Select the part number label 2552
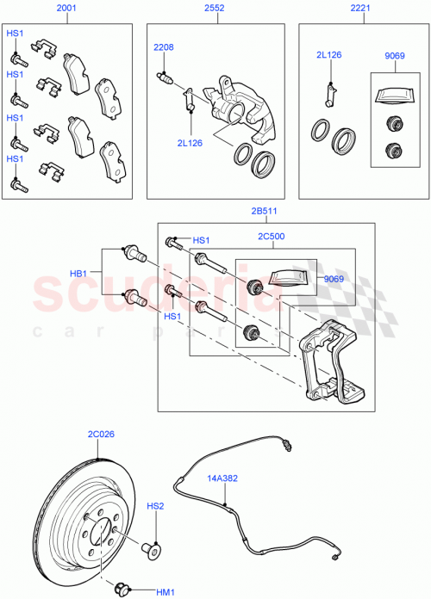click(215, 9)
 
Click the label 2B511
click(264, 211)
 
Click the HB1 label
click(80, 274)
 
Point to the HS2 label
click(154, 507)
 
